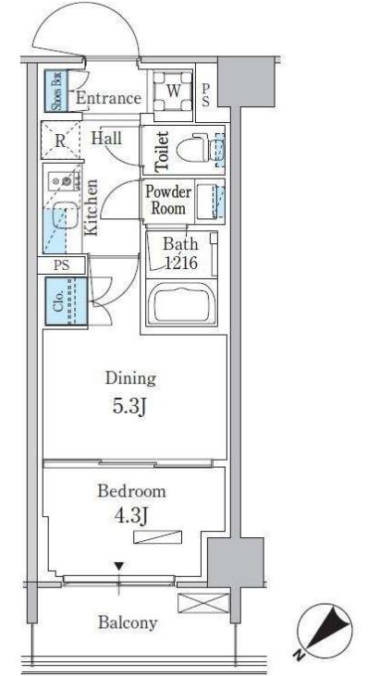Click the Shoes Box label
tap(56, 91)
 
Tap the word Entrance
tap(109, 98)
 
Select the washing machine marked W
tap(173, 91)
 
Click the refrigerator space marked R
tap(61, 141)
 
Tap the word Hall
tap(106, 139)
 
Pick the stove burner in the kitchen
tap(67, 180)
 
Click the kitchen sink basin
tap(66, 220)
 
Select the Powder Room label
tap(168, 200)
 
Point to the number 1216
tap(180, 263)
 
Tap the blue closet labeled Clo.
tap(67, 301)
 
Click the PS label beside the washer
tap(205, 95)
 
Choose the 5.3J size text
tap(129, 406)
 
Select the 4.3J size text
tap(130, 515)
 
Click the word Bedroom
tap(131, 491)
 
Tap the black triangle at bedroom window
tap(119, 566)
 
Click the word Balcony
tap(128, 622)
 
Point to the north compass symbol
tap(325, 631)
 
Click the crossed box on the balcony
tap(203, 603)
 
